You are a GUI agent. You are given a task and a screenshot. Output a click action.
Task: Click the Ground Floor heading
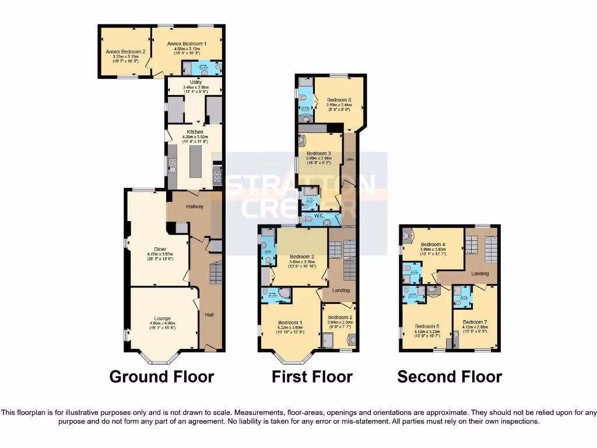coord(161,377)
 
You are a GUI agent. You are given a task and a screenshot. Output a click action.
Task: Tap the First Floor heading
coord(312,377)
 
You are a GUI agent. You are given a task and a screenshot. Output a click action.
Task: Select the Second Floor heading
coord(449,377)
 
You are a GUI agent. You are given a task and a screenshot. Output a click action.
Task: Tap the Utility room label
coord(196,82)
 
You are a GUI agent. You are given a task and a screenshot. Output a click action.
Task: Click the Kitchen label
coord(195,132)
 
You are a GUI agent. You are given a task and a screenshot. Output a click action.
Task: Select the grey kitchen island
coord(195,162)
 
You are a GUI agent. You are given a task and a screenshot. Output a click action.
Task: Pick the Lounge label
coord(162,318)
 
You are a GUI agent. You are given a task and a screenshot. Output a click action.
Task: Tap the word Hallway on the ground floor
coord(194,206)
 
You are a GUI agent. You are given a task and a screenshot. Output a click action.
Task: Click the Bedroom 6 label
coord(339,100)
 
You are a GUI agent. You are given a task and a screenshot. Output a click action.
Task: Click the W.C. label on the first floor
coord(319,215)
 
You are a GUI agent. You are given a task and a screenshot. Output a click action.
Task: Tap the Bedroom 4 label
coord(433,244)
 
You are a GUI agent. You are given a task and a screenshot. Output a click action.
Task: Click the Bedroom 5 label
coord(426,327)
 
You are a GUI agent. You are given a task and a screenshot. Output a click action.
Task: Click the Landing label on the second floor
coord(480,274)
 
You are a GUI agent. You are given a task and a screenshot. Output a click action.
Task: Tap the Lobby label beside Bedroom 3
coord(350,159)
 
